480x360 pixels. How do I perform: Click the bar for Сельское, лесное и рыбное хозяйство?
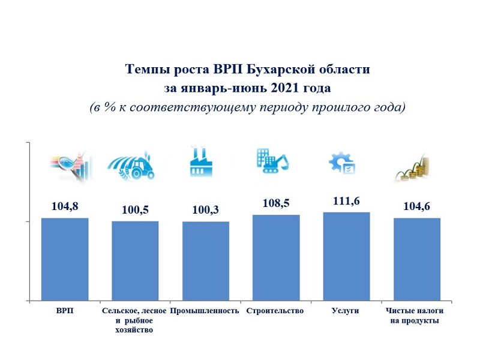[135, 260]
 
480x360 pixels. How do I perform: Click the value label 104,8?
[64, 208]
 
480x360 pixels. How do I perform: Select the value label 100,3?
[205, 211]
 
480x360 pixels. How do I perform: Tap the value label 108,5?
[275, 204]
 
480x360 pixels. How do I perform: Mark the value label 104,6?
[416, 208]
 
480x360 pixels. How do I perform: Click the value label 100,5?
[134, 211]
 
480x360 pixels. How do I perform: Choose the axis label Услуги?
[346, 311]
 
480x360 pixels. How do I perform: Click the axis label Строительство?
[275, 311]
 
